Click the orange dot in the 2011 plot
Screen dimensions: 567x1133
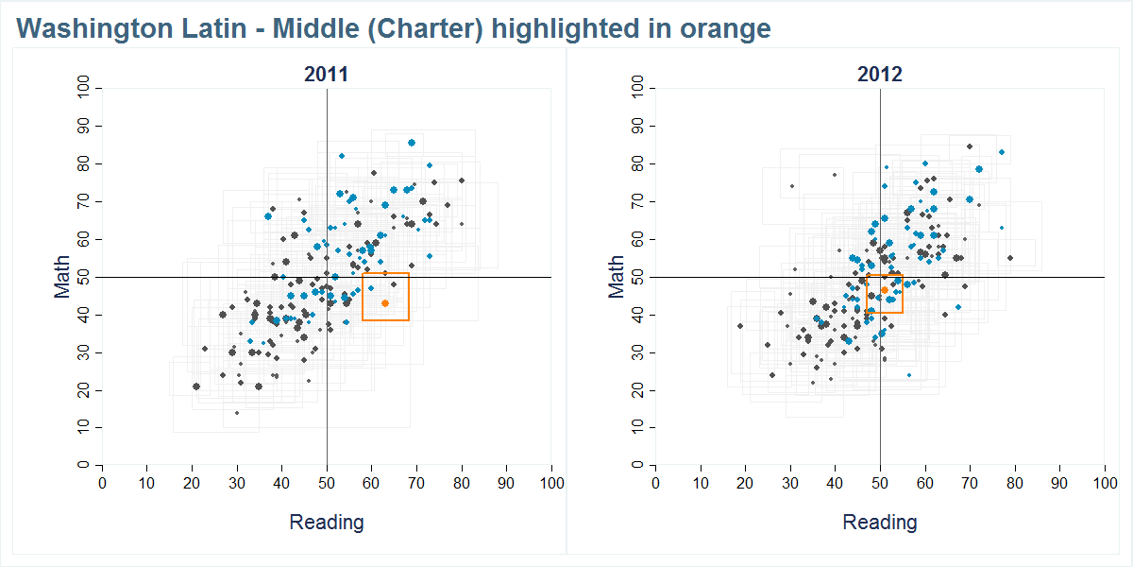pyautogui.click(x=385, y=303)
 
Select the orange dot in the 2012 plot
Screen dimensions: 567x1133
pyautogui.click(x=885, y=290)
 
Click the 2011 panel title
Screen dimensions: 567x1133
pyautogui.click(x=326, y=75)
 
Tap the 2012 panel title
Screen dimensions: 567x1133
pyautogui.click(x=879, y=75)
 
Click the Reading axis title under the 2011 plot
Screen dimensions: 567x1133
pyautogui.click(x=326, y=522)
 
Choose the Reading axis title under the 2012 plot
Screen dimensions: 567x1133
pyautogui.click(x=879, y=522)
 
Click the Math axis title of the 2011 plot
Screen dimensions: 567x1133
pyautogui.click(x=62, y=277)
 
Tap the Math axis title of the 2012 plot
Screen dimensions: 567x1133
pyautogui.click(x=617, y=277)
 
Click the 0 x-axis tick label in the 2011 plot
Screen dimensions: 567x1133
pyautogui.click(x=102, y=483)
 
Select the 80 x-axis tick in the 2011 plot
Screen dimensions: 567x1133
pyautogui.click(x=462, y=483)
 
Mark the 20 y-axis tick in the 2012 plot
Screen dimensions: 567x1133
pyautogui.click(x=640, y=390)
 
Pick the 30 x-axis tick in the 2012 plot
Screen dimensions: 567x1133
pyautogui.click(x=790, y=483)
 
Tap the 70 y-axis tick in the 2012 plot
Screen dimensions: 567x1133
pyautogui.click(x=640, y=201)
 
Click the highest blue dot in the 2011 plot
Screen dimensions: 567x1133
pyautogui.click(x=412, y=143)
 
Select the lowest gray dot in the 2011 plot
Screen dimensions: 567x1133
pyautogui.click(x=236, y=413)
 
